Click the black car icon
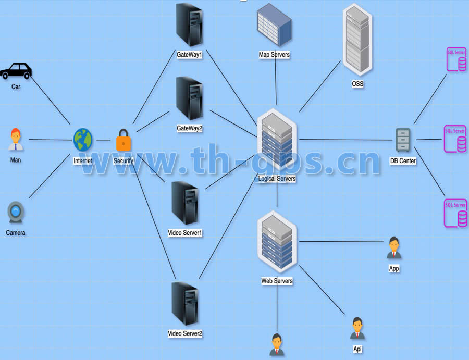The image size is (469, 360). pos(16,71)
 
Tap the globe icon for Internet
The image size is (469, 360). pos(82,140)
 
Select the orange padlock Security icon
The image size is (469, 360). pos(123,140)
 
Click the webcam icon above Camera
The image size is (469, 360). pos(16,213)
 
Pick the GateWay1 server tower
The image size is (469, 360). pos(189,24)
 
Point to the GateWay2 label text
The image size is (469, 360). pos(189,128)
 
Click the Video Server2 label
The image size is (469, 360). pos(185,333)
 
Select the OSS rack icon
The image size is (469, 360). pos(357,40)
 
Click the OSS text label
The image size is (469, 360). pos(357,84)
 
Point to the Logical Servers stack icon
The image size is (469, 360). pos(277,140)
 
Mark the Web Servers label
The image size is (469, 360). pos(277,281)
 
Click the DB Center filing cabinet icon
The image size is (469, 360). pos(403,140)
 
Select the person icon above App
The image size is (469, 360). pos(394,248)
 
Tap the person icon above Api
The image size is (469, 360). pos(357,328)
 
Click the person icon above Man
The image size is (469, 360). pos(16,139)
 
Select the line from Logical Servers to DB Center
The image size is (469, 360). pos(344,140)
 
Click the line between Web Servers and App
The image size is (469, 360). pos(341,241)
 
